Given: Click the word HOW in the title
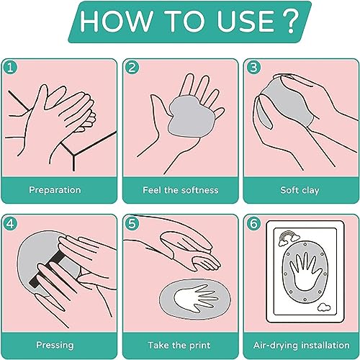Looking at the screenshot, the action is click(117, 21).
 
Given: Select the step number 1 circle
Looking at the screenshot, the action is click(10, 68).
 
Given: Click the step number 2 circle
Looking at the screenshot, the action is click(132, 68).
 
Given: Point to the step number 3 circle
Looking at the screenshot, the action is click(253, 68).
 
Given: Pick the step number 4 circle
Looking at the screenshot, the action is click(10, 224).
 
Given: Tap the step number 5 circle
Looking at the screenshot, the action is click(132, 224).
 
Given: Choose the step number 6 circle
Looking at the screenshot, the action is click(253, 224).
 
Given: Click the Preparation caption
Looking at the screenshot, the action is click(55, 190).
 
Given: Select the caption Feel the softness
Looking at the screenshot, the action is click(181, 190).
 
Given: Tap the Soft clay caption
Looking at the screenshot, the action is click(300, 190).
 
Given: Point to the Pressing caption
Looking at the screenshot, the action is click(55, 345).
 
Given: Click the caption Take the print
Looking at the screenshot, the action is click(179, 345).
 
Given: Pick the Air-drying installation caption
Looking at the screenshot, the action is click(302, 345).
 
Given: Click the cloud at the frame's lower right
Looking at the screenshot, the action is click(324, 307).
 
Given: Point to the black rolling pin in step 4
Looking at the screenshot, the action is click(46, 269).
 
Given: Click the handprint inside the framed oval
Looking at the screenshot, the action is click(305, 270).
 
